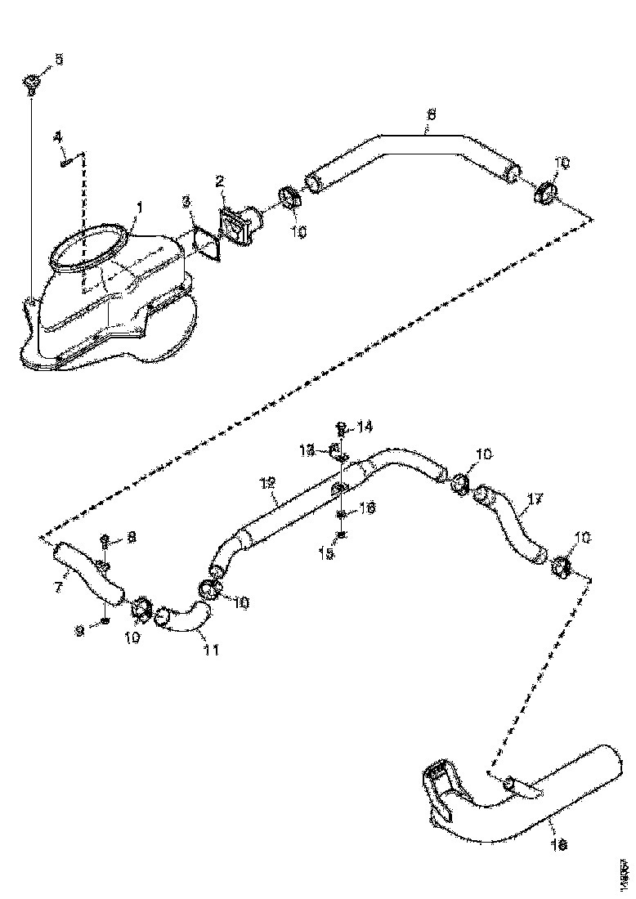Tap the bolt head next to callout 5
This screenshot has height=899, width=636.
point(32,83)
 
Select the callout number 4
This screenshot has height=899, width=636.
point(58,137)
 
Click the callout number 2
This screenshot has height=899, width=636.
point(220,180)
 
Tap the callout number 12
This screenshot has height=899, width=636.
point(266,485)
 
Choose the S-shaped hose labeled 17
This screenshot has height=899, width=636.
point(511,523)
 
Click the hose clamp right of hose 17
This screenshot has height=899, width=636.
point(561,566)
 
